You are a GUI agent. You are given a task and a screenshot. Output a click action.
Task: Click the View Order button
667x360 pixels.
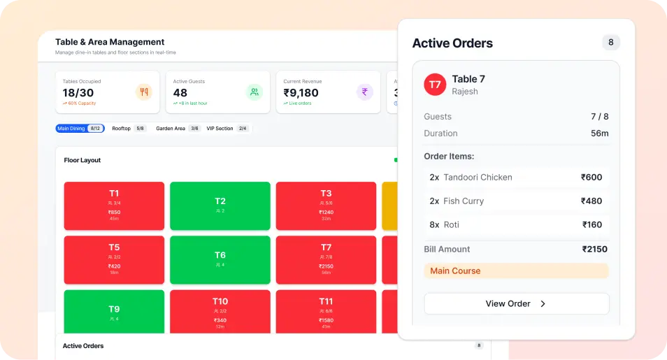click(x=516, y=303)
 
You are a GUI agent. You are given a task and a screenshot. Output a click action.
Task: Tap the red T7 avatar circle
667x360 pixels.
click(x=435, y=85)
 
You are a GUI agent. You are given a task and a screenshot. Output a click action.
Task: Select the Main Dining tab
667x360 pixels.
click(x=80, y=129)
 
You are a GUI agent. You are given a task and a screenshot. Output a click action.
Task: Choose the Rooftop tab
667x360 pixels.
click(x=129, y=129)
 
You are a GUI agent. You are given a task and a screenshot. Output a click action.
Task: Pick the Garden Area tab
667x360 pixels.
click(x=178, y=129)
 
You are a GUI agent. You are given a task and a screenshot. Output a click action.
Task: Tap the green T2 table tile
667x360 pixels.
click(x=220, y=206)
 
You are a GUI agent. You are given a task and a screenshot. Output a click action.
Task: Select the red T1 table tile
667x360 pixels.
click(x=114, y=206)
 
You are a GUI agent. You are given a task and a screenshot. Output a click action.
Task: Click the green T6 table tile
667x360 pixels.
click(x=220, y=259)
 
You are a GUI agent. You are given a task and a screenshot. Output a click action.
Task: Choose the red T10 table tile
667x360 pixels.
click(x=220, y=312)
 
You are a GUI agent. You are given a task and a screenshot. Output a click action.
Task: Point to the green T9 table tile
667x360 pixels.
click(x=114, y=312)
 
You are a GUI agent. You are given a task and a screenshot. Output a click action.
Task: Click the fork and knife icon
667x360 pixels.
click(x=143, y=92)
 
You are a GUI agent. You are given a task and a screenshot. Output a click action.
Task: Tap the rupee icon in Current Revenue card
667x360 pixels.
click(x=364, y=92)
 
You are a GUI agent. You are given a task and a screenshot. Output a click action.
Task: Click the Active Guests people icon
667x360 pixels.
click(x=254, y=92)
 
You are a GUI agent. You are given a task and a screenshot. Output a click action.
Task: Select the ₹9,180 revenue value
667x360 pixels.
click(x=301, y=92)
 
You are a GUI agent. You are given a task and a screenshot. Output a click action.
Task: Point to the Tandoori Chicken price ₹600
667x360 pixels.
click(x=591, y=178)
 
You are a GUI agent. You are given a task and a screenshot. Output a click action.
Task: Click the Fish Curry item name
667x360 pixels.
click(x=464, y=201)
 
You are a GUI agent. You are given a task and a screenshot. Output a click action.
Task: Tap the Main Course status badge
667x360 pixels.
click(x=455, y=271)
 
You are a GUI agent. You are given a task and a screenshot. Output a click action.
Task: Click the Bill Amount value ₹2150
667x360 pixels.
click(x=594, y=249)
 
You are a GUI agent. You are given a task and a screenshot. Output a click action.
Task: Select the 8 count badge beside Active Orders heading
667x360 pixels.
click(x=610, y=43)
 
